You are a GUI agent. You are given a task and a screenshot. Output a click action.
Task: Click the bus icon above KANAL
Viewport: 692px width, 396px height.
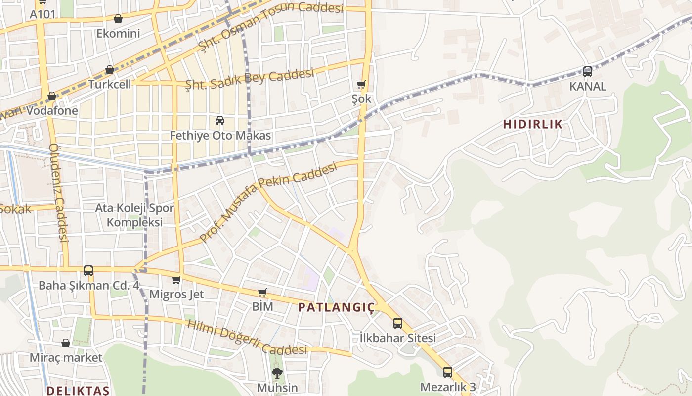coord(587,72)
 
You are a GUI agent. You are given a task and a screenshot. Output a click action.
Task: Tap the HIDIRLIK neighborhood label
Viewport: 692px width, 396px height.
coord(533,124)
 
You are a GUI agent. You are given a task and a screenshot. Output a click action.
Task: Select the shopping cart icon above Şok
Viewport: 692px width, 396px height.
coord(361,85)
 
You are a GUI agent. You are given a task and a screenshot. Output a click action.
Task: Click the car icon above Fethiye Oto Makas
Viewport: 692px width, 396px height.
coord(220,121)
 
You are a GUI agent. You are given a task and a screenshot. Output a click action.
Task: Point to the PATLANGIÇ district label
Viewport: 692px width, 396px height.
coord(337,307)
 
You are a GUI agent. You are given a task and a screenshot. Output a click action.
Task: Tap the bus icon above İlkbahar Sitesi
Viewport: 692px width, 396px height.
coord(398,323)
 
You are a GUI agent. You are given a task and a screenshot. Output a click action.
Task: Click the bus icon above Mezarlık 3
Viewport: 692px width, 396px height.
coord(447,372)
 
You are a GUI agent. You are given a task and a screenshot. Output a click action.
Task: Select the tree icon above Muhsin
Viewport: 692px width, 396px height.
coord(277,373)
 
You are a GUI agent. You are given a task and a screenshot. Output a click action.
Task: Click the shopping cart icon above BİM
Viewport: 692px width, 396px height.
coord(262,293)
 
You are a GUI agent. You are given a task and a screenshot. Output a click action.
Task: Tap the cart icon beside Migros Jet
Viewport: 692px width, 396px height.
coord(176,280)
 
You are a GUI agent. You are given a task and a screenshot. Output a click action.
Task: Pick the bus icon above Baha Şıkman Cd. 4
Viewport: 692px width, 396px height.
coord(88,271)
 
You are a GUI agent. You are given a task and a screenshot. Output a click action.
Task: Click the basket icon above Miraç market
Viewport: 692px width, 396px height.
coord(66,343)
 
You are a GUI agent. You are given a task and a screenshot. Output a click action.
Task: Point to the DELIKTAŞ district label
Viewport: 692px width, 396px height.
coord(78,391)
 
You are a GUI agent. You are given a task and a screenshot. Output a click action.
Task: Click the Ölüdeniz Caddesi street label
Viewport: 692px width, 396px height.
coord(58,193)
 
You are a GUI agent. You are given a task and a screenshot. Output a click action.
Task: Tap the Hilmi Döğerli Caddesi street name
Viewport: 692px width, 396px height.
coord(247,338)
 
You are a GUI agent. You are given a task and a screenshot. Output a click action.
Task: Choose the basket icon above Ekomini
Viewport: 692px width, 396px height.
coord(118,19)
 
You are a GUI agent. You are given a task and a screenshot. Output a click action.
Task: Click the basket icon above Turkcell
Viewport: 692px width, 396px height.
coord(110,70)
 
